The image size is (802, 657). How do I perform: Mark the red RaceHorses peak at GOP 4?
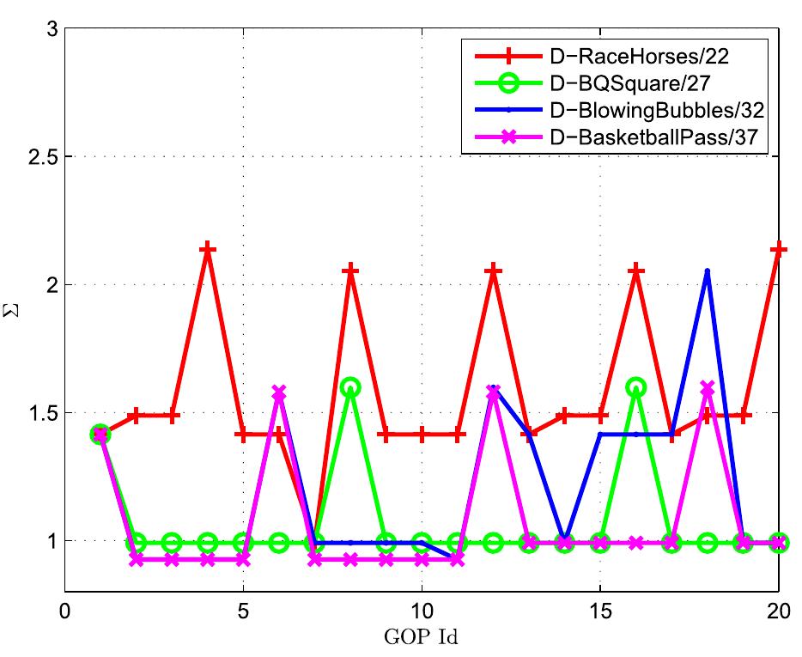207,249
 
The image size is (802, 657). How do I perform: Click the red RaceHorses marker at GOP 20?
779,249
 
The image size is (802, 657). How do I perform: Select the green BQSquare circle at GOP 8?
350,386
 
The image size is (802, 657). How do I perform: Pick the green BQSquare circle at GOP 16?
635,386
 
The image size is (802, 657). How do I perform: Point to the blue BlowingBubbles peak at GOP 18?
707,271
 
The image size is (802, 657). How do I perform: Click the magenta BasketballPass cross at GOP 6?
278,392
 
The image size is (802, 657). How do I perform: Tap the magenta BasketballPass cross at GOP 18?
707,388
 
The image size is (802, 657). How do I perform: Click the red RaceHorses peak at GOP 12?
493,271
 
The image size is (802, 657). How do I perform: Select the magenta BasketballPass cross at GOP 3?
172,559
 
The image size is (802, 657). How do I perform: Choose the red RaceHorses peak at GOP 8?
350,271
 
